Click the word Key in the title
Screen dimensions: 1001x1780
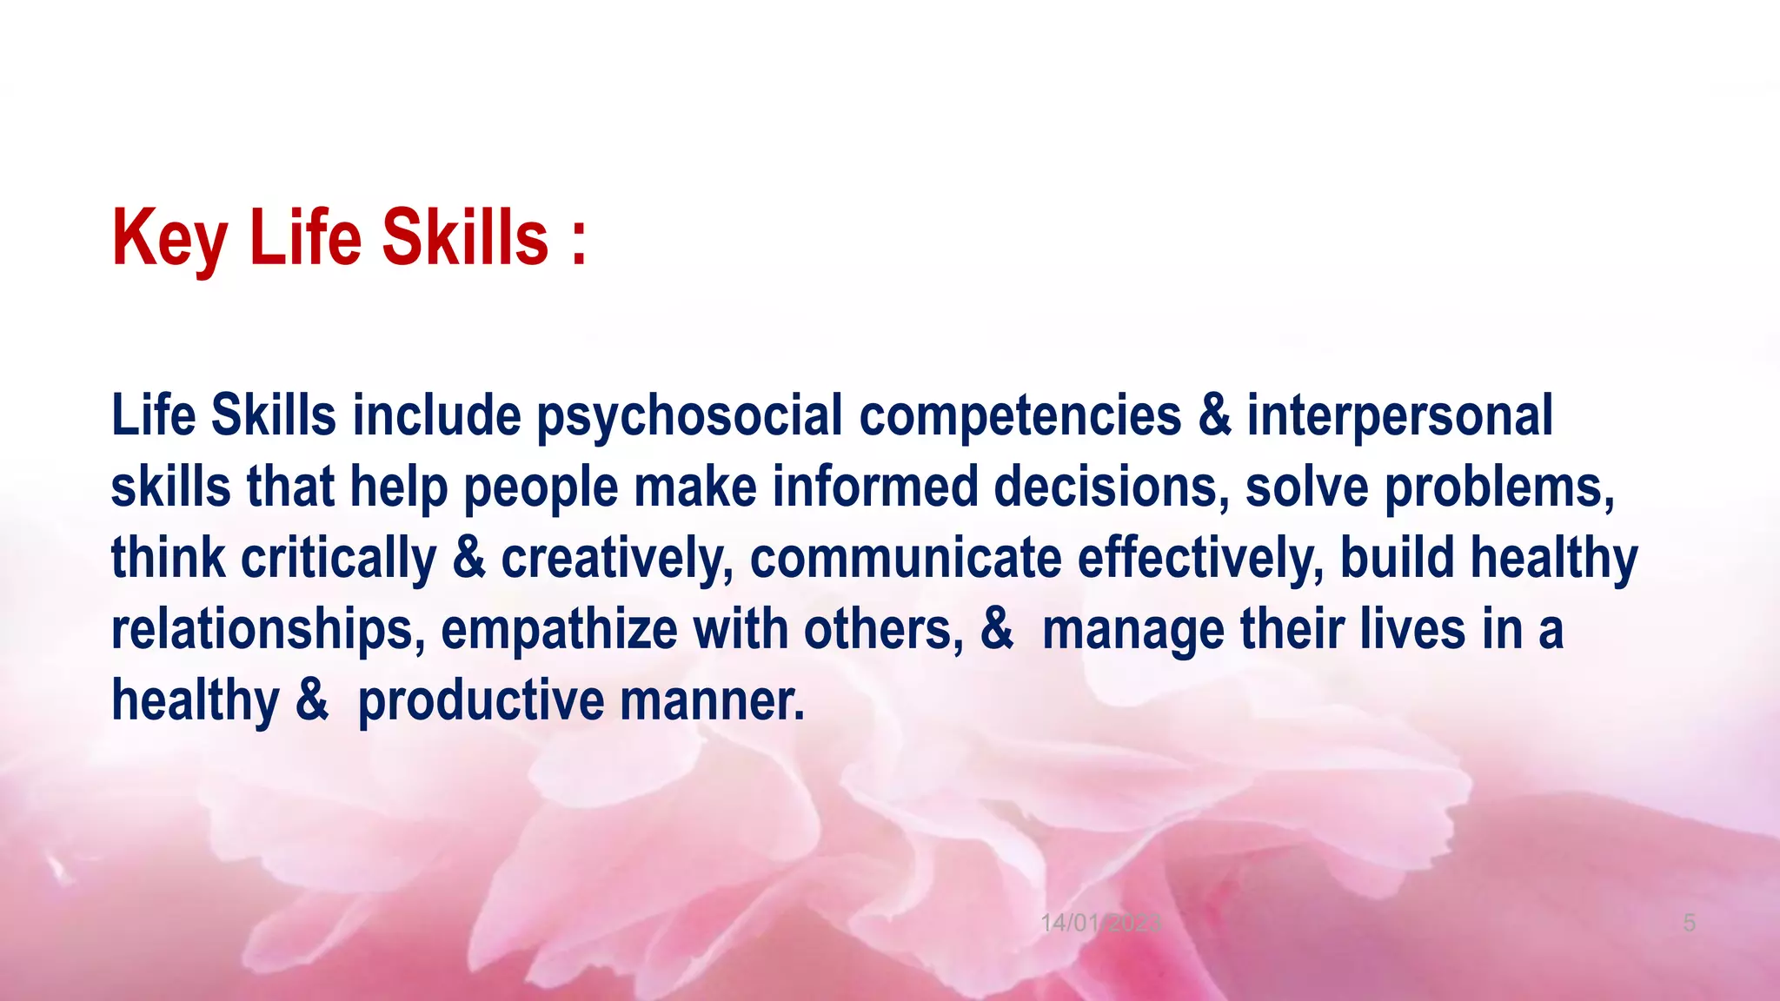coord(169,239)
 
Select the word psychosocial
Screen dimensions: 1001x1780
coord(689,416)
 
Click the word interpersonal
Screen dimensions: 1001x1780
coord(1399,416)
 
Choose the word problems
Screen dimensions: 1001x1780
coord(1499,487)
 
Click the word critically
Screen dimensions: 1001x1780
coord(339,558)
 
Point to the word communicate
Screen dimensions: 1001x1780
coord(906,558)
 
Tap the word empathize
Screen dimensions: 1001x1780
coord(559,630)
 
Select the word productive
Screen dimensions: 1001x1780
coord(481,700)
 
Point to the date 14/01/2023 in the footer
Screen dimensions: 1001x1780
coord(1100,923)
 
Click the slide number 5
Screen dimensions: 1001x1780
coord(1689,923)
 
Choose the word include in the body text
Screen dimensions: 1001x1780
coord(436,416)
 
